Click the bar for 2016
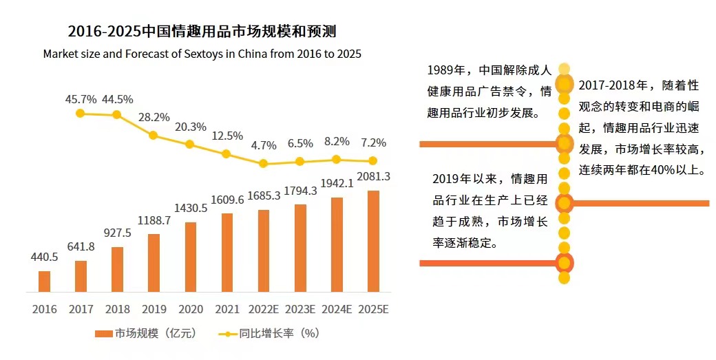44,282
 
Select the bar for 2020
191,257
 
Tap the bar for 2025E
373,241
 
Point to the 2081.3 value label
373,177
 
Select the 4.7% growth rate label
264,145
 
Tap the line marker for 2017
81,113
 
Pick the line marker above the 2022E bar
263,164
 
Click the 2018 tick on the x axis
117,310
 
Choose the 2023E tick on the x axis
299,310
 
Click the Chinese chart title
201,32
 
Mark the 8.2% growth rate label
337,142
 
